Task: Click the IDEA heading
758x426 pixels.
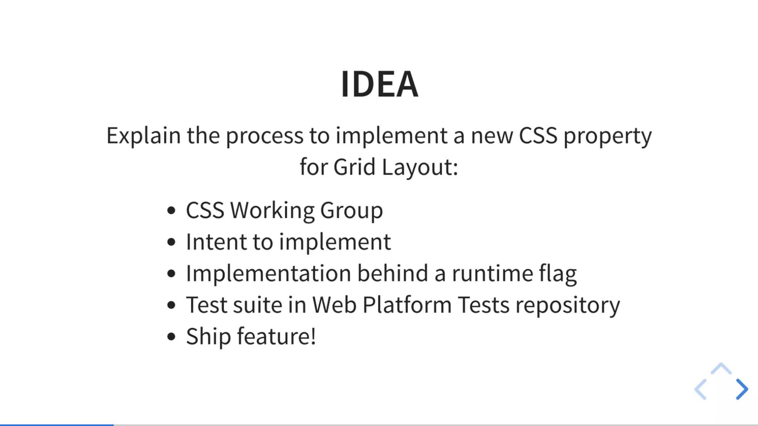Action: click(x=379, y=84)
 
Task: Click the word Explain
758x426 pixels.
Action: click(x=143, y=136)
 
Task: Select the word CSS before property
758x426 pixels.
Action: click(x=538, y=136)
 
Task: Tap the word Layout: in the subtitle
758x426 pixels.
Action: click(x=420, y=167)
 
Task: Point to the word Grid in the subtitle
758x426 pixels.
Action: click(x=354, y=167)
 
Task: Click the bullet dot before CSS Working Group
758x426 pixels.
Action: click(x=171, y=211)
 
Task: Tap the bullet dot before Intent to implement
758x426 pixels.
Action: click(x=171, y=242)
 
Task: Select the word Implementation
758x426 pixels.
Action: click(x=268, y=274)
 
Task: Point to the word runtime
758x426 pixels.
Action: click(x=492, y=274)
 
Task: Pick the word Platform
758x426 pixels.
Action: click(x=407, y=305)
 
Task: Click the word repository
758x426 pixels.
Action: click(x=568, y=305)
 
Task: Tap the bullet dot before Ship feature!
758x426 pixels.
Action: click(x=171, y=337)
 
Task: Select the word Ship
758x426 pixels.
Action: click(x=208, y=337)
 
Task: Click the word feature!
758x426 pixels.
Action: click(x=276, y=337)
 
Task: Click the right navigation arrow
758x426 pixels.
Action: click(x=742, y=389)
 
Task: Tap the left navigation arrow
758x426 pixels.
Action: click(x=701, y=389)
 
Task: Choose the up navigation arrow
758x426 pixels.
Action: click(x=721, y=369)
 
